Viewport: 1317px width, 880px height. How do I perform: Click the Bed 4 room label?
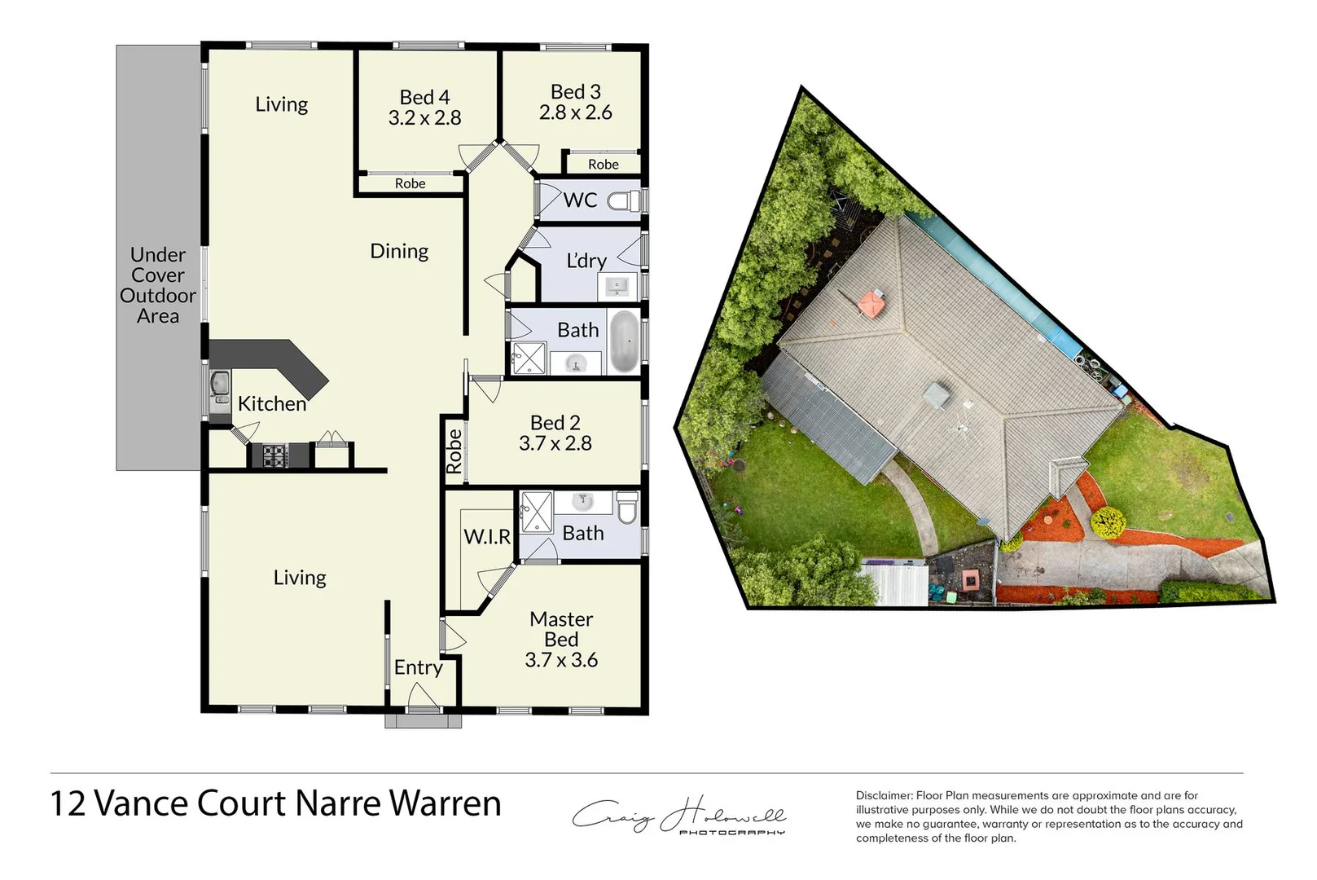(x=424, y=98)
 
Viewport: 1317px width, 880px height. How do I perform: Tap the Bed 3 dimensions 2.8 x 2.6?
(x=576, y=112)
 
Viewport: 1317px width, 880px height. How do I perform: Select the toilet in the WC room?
(x=626, y=200)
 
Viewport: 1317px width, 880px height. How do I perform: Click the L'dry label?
(x=586, y=261)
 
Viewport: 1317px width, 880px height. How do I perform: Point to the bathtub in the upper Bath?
(x=624, y=342)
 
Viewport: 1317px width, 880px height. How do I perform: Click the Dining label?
(x=399, y=251)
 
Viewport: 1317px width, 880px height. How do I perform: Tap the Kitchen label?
(x=272, y=403)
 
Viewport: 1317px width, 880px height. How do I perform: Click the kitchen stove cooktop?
(x=274, y=455)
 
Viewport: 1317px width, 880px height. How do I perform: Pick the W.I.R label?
(x=487, y=536)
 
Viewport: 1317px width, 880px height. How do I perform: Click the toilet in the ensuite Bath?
(x=627, y=508)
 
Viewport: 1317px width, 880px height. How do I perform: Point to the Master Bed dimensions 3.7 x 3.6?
(x=561, y=660)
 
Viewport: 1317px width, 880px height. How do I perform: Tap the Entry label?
(x=419, y=667)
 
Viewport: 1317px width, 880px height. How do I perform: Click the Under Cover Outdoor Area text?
(x=158, y=285)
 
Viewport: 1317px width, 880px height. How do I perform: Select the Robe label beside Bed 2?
(x=454, y=451)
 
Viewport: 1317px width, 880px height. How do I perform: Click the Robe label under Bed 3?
(x=604, y=165)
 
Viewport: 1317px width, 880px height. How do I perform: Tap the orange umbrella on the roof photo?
(x=871, y=305)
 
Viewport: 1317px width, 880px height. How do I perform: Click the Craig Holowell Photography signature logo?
(x=678, y=815)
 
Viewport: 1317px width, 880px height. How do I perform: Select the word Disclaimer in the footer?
(x=884, y=795)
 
